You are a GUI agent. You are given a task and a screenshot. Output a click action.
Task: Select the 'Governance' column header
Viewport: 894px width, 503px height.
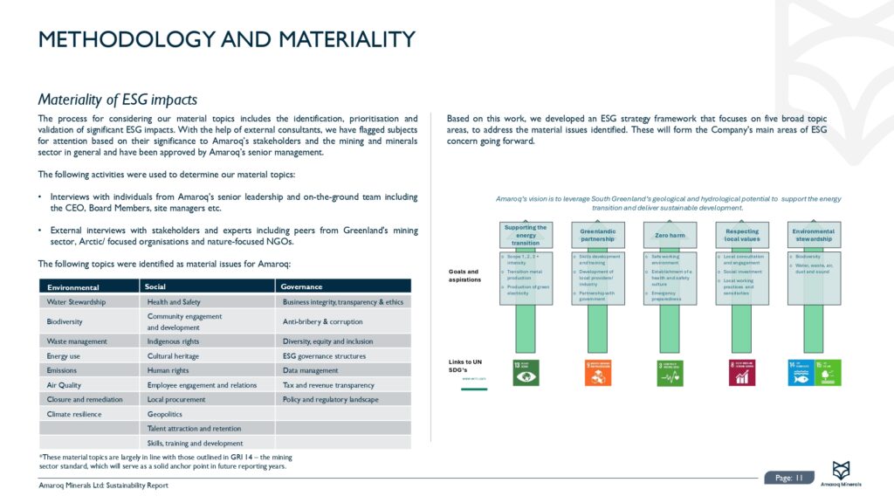click(x=300, y=286)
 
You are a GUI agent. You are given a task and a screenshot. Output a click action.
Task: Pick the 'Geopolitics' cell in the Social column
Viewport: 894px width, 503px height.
click(x=165, y=415)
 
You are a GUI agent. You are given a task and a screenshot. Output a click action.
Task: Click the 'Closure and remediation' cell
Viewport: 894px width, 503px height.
click(x=79, y=399)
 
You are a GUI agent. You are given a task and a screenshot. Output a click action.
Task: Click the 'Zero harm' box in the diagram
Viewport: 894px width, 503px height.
click(x=670, y=236)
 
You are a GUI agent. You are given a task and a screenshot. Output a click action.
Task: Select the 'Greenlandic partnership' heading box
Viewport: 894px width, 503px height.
click(x=598, y=236)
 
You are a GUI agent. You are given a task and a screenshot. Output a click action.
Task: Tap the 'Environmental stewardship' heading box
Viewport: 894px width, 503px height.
click(x=813, y=236)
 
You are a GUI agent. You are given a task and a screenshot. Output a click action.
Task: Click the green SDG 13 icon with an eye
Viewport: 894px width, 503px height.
click(x=526, y=373)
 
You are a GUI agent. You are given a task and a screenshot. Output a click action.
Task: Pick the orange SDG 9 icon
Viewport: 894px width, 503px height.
click(x=598, y=373)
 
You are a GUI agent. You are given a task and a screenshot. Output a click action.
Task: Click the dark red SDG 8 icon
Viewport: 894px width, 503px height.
click(x=742, y=373)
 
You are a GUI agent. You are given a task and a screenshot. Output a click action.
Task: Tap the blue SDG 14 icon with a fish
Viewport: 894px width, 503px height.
click(x=801, y=373)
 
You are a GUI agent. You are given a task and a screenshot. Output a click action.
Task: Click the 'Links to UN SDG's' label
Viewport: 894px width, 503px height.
click(x=465, y=365)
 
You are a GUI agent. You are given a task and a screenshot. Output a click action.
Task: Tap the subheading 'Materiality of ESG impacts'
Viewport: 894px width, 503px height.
click(x=118, y=100)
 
